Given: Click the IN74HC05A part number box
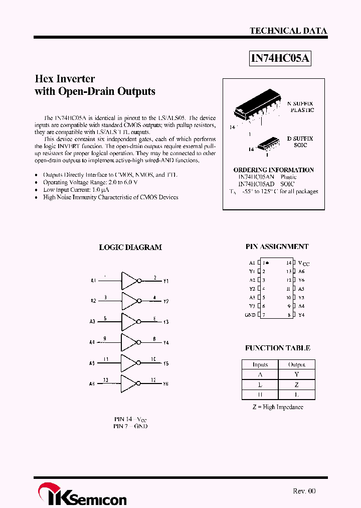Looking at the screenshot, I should [x=281, y=59].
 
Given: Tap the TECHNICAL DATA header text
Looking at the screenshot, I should [x=288, y=31].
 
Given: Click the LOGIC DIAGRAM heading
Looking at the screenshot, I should [x=130, y=247].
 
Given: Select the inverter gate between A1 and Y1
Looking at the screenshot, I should [x=130, y=281].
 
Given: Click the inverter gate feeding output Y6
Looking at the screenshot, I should [x=130, y=384].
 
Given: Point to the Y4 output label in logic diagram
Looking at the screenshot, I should [x=166, y=343].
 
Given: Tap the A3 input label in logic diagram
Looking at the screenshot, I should [x=93, y=322].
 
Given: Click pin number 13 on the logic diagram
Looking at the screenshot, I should [x=105, y=380].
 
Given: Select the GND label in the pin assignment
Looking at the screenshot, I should [x=250, y=315].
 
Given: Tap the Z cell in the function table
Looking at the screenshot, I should [x=296, y=384].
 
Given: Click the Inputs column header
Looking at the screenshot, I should [x=260, y=364].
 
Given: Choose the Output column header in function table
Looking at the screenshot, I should [x=296, y=364].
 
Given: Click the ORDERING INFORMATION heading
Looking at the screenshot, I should [x=274, y=170].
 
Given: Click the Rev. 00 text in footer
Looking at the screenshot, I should [x=304, y=491].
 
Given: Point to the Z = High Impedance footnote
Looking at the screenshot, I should [x=277, y=407].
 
